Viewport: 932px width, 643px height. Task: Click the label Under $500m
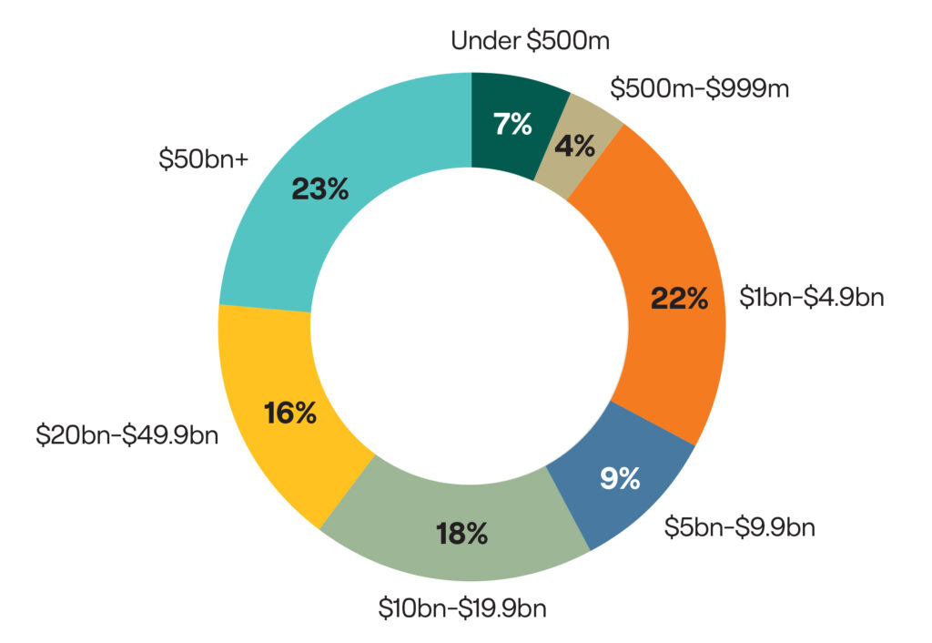point(529,41)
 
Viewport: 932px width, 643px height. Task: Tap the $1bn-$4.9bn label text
point(812,298)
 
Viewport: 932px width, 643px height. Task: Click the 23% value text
point(319,189)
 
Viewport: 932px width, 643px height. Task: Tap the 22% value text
point(679,299)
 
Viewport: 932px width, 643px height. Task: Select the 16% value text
point(290,413)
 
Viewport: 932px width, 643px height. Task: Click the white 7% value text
point(512,124)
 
